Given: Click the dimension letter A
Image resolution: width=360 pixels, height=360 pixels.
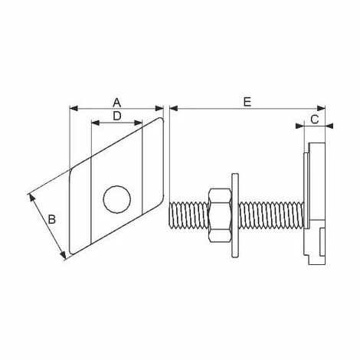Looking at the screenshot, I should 116,101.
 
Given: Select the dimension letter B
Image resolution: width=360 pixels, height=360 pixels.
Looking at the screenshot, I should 51,220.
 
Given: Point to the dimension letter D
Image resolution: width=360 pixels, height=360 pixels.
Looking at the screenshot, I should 116,116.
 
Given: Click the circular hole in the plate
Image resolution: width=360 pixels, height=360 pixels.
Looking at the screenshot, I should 116,199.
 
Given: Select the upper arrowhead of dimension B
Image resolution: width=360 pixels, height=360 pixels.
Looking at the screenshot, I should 32,197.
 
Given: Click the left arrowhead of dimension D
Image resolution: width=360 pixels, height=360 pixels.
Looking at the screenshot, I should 95,123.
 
